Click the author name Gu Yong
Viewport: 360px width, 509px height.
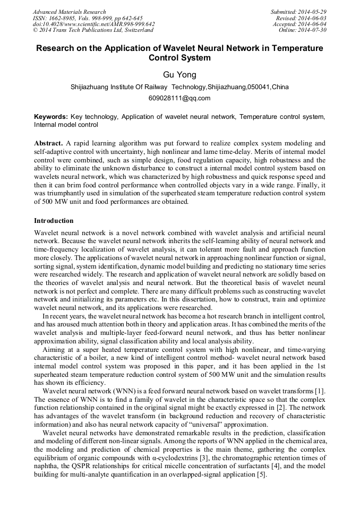click(x=179, y=74)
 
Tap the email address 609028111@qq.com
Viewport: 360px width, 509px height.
click(x=179, y=98)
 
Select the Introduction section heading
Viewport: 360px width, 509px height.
click(x=54, y=220)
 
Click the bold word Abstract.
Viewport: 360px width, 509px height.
click(x=48, y=143)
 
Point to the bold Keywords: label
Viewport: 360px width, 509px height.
click(x=51, y=116)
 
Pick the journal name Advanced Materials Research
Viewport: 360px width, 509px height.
click(x=70, y=12)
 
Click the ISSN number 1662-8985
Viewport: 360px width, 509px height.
click(x=64, y=18)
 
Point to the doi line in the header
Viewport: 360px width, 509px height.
click(x=94, y=24)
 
